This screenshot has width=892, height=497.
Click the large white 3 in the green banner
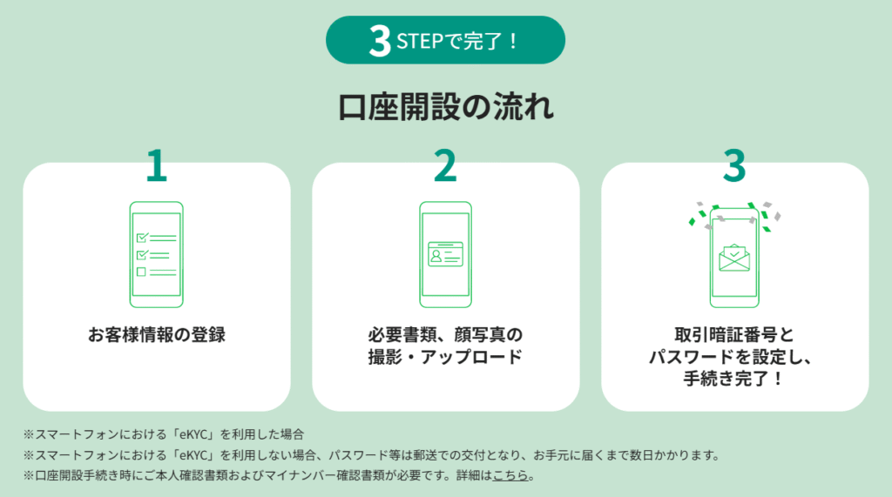(380, 40)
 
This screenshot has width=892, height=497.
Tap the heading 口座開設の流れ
(445, 107)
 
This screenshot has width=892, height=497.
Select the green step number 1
(157, 165)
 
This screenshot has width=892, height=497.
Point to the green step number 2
(445, 165)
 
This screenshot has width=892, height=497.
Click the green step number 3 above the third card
(734, 165)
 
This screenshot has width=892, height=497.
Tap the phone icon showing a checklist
(157, 254)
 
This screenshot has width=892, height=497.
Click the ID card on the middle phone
(445, 254)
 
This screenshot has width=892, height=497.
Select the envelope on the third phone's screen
(734, 258)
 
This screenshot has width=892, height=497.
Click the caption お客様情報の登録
(157, 334)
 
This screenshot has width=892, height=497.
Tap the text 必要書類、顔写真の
(445, 334)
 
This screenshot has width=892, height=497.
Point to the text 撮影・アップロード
(445, 357)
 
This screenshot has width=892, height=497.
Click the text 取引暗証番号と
(734, 334)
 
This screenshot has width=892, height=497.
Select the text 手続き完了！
(734, 378)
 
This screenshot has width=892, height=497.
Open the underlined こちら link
(510, 475)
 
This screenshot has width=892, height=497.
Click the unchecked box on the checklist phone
(141, 272)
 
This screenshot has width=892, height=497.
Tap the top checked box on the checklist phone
(142, 237)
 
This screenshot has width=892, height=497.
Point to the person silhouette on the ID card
(436, 255)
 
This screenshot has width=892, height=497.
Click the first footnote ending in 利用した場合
(164, 434)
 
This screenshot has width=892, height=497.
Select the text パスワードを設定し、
(731, 357)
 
